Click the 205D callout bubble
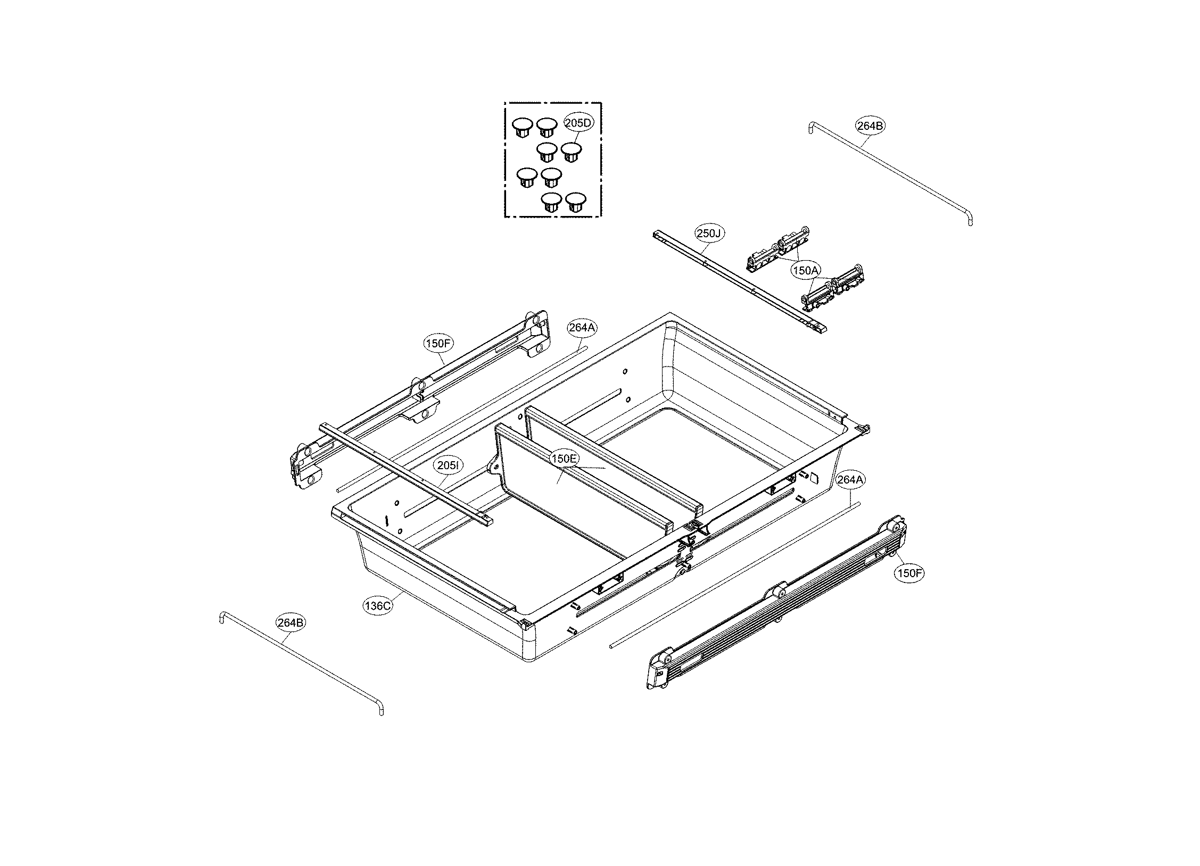(x=578, y=123)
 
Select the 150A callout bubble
(x=805, y=271)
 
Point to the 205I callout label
(x=447, y=465)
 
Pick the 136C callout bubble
(x=378, y=605)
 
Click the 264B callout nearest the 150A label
(x=871, y=126)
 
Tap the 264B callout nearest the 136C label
(x=291, y=622)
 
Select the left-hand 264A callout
(x=582, y=328)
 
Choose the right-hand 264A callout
(x=850, y=480)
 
